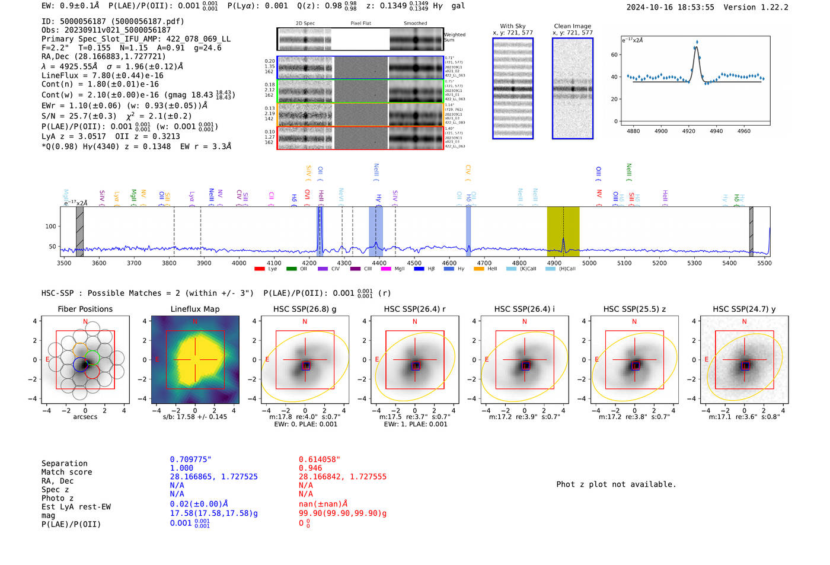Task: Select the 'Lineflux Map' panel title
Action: point(195,309)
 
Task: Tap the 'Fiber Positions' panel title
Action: point(85,309)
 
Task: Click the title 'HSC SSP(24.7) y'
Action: point(744,309)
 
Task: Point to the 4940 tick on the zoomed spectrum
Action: point(716,131)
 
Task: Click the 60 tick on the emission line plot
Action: point(614,55)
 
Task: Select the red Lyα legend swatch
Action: point(259,269)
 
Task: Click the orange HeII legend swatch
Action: point(479,269)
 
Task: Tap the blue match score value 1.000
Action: point(181,468)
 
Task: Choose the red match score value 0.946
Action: point(310,468)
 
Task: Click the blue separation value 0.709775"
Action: point(190,459)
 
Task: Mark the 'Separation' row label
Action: point(64,464)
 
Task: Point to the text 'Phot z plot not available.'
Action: point(616,484)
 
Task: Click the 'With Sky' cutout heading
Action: point(513,26)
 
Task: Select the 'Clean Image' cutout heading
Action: point(572,26)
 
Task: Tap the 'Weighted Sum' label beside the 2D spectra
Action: point(455,37)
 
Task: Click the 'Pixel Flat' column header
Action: point(360,24)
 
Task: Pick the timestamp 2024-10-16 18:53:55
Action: point(670,7)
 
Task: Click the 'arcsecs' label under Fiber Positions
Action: point(85,417)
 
